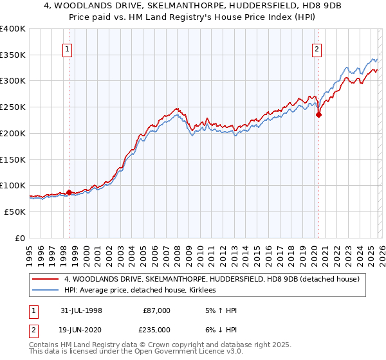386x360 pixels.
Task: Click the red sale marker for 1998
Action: point(69,192)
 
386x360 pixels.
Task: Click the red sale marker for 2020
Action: point(318,116)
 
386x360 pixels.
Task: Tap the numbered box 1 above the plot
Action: point(68,48)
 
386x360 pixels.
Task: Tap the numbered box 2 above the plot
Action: point(317,48)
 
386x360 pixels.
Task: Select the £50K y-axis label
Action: point(14,212)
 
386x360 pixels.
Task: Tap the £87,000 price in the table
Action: point(157,310)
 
